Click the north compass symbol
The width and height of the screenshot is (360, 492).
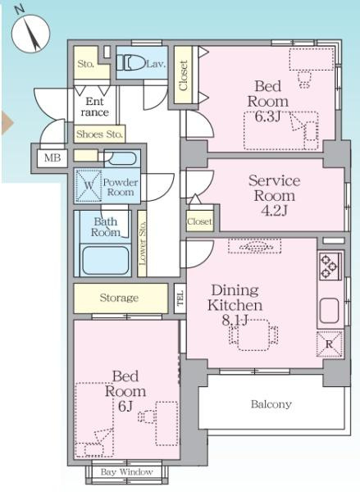click(31, 34)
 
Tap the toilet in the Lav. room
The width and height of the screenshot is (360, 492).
click(130, 62)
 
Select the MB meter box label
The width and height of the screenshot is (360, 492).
click(52, 157)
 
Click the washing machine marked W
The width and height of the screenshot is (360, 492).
click(89, 186)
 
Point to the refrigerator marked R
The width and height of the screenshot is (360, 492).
click(329, 344)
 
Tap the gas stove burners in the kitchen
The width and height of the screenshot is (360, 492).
click(329, 266)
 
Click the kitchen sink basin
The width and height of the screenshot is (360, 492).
click(329, 311)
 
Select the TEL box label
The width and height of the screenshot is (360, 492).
click(180, 298)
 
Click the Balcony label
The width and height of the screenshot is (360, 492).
click(271, 404)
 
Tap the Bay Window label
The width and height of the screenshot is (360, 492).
click(127, 472)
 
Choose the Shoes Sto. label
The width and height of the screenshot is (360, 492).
click(99, 134)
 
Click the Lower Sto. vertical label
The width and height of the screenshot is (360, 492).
click(142, 244)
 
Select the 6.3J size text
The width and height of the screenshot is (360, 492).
click(267, 116)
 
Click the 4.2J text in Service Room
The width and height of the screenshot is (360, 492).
click(275, 211)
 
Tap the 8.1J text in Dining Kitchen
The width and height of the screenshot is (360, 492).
click(235, 321)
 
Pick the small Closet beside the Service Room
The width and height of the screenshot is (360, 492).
click(199, 221)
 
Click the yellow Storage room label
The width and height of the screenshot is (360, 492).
click(119, 298)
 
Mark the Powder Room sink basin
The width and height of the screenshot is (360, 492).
click(121, 158)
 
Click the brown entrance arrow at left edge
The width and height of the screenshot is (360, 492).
click(7, 123)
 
